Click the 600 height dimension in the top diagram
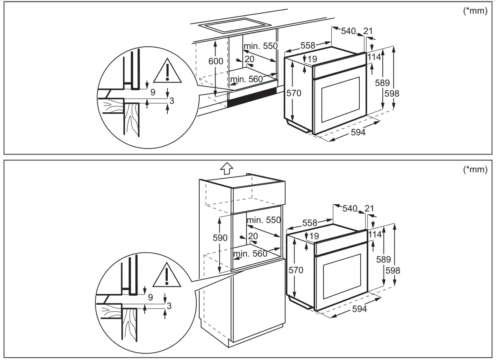pos(215,61)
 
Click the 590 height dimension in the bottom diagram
pos(220,238)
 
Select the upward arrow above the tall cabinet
pos(227,168)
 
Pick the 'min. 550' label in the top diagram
pos(260,46)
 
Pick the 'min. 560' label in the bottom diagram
pos(250,254)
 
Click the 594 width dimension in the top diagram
pos(358,132)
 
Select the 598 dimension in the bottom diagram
pos(393,270)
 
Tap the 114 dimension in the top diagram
pos(374,57)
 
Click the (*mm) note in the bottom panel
pos(475,169)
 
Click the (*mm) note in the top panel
pos(475,11)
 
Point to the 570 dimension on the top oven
pos(294,93)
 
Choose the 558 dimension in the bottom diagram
pos(310,223)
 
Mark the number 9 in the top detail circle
pos(152,92)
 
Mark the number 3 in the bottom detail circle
pos(169,306)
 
